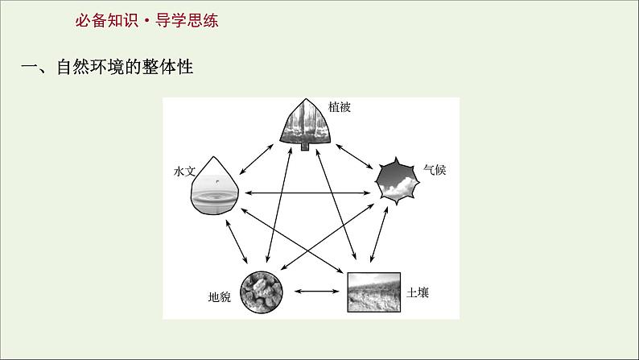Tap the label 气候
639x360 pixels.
pyautogui.click(x=435, y=171)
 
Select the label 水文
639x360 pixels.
pyautogui.click(x=184, y=172)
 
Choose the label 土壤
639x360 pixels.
pyautogui.click(x=418, y=292)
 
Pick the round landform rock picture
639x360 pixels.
pyautogui.click(x=263, y=291)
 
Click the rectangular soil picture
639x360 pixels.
pyautogui.click(x=375, y=292)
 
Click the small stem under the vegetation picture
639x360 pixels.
pyautogui.click(x=305, y=147)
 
